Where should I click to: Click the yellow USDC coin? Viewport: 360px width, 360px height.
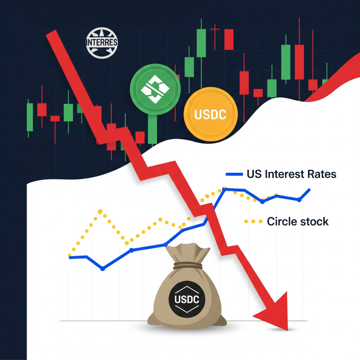point(211,114)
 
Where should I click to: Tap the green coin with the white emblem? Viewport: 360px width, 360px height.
point(155,89)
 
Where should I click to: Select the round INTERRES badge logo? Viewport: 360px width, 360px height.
point(102,43)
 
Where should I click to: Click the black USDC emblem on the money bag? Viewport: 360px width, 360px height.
point(187,299)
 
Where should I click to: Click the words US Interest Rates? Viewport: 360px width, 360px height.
point(292,174)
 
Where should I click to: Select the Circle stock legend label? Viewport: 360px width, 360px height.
point(298,222)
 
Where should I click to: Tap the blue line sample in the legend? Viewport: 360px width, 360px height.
point(234,174)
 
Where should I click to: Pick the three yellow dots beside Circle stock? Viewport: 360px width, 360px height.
point(253,222)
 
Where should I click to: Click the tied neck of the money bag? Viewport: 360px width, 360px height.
point(188,265)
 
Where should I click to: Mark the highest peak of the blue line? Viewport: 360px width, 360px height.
point(224,189)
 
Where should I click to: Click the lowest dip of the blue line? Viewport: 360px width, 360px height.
point(102,269)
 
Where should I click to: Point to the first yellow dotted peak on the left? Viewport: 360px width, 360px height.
point(100,211)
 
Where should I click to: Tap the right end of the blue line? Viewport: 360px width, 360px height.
point(310,190)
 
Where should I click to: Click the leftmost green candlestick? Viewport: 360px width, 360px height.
point(30,117)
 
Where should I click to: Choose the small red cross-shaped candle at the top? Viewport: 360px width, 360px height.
point(215,37)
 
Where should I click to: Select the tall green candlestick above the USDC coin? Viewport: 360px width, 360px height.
point(201,53)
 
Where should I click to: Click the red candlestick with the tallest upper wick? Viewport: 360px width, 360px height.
point(299,60)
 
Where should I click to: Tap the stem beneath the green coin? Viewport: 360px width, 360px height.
point(152,129)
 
